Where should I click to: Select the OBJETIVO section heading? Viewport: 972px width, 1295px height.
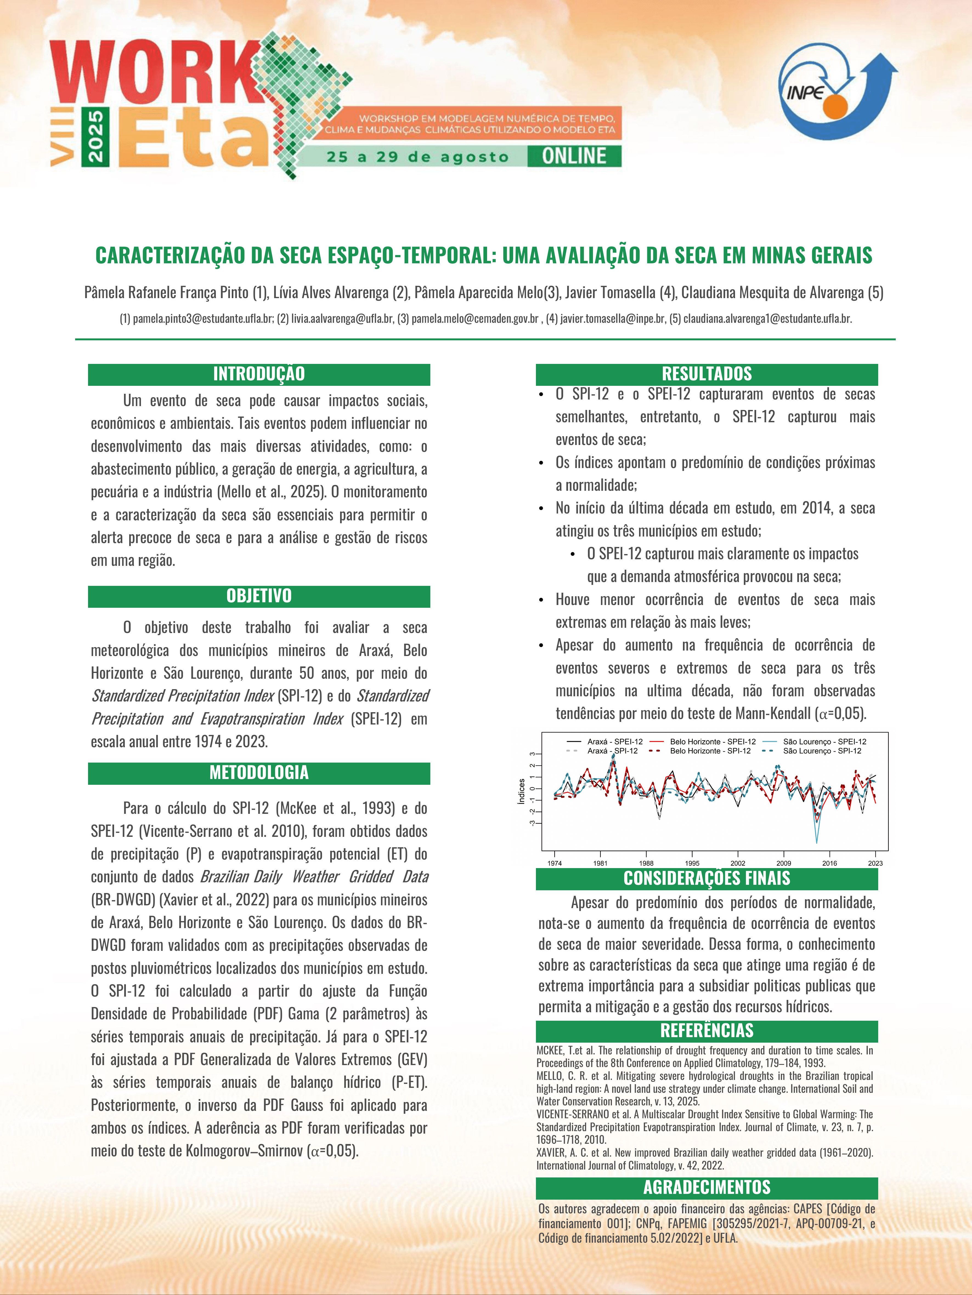259,596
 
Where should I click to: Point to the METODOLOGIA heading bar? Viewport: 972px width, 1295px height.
259,773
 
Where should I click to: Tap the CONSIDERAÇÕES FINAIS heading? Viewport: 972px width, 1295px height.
707,878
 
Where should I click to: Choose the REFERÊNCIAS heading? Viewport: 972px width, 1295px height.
707,1030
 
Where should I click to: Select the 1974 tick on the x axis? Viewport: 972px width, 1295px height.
554,863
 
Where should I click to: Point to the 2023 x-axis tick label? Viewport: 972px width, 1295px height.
875,863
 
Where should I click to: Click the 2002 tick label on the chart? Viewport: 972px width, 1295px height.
738,863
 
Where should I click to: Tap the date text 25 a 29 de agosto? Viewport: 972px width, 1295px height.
417,157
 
